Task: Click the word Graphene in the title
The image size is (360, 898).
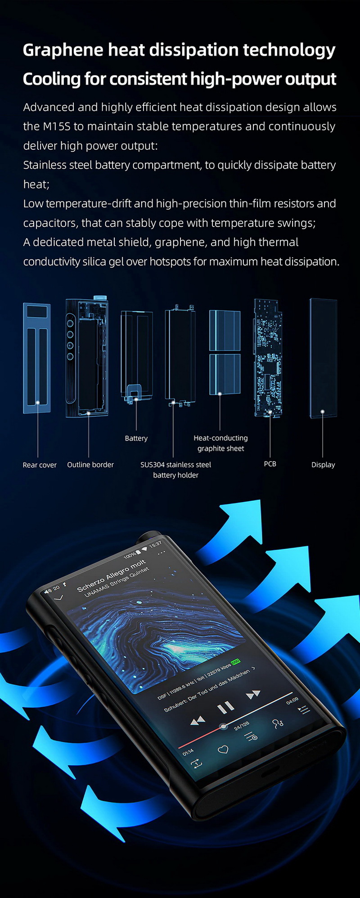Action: point(63,50)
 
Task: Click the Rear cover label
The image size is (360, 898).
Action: point(40,465)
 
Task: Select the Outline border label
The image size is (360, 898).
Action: point(90,465)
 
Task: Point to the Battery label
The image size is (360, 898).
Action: point(136,438)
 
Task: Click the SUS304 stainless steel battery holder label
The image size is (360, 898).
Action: point(175,470)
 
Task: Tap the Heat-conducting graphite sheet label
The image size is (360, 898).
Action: point(220,443)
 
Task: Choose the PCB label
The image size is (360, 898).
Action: point(270,464)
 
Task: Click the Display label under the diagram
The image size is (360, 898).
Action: point(323,465)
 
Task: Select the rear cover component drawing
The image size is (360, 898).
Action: point(37,358)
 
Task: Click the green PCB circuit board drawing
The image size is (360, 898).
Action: point(268,358)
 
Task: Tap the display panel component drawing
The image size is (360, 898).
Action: point(323,358)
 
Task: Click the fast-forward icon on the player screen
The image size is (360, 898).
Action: point(253,695)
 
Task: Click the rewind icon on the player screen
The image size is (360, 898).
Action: point(198,721)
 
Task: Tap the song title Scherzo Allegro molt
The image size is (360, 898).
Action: point(111,575)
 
